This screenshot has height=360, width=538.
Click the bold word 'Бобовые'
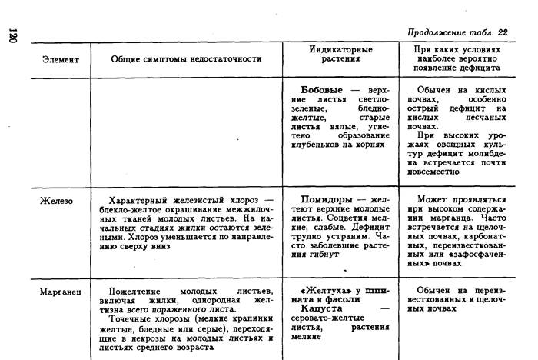pos(320,90)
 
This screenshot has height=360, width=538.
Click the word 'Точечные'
pos(131,317)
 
